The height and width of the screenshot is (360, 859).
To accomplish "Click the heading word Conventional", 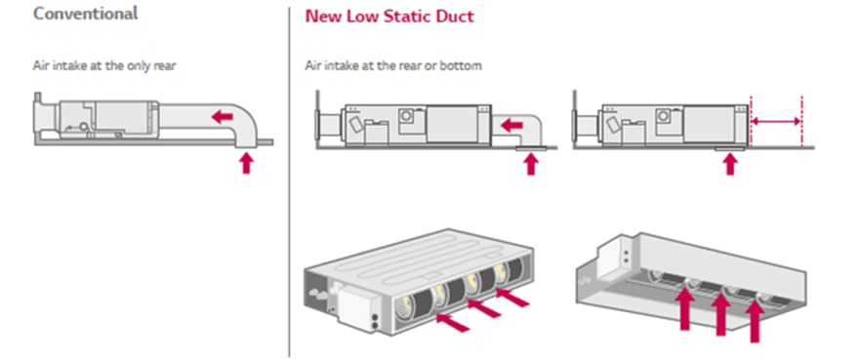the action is click(x=86, y=13).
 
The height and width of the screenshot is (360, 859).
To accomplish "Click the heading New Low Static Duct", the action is click(x=389, y=16).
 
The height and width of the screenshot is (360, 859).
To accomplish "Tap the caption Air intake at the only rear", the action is click(x=104, y=66).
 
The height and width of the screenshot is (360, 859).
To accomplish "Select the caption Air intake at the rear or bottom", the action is click(x=393, y=66).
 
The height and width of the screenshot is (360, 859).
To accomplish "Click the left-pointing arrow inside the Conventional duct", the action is click(x=222, y=116).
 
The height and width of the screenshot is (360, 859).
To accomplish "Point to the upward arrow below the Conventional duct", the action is click(x=247, y=163).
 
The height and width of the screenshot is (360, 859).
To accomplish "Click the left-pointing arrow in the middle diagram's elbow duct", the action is click(x=511, y=126).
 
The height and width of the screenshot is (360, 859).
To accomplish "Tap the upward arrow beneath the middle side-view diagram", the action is click(x=530, y=164).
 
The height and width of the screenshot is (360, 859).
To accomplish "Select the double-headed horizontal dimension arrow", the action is click(x=776, y=121).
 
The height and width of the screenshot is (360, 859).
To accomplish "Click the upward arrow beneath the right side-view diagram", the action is click(x=729, y=164).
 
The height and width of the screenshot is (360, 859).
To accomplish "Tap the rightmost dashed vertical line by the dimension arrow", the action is click(x=801, y=121).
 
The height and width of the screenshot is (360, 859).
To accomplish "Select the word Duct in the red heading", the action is click(x=456, y=16).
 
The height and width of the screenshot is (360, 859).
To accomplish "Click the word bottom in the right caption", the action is click(x=464, y=66).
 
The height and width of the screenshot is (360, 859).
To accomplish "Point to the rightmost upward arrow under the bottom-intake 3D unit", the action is click(x=755, y=321).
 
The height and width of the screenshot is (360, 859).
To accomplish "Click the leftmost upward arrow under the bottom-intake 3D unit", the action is click(x=685, y=309).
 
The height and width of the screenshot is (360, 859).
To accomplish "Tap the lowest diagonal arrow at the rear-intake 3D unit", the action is click(x=453, y=322).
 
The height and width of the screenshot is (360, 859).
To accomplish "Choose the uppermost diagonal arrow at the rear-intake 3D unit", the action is click(x=512, y=298).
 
